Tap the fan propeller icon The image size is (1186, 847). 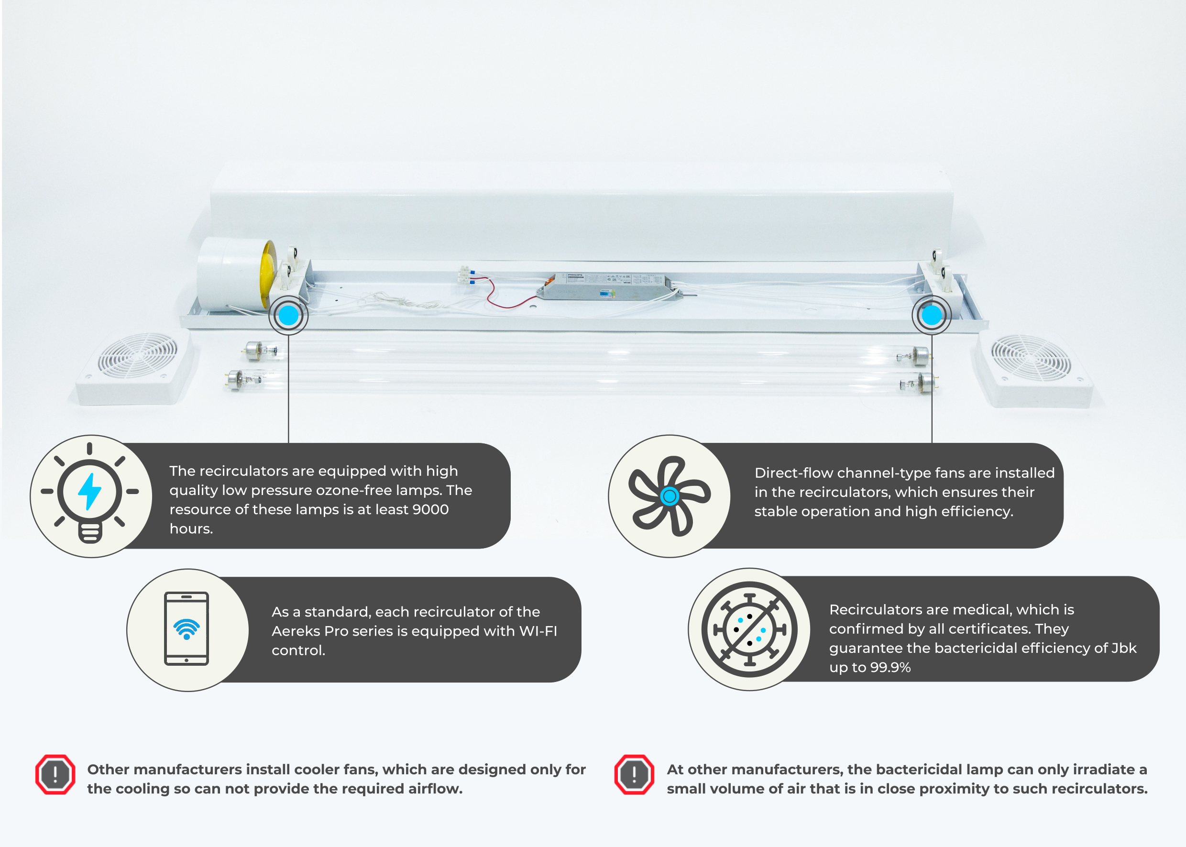click(x=669, y=496)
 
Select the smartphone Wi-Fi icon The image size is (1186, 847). click(x=186, y=628)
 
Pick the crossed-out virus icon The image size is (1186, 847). click(x=749, y=629)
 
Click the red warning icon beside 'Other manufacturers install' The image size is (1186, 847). click(x=55, y=774)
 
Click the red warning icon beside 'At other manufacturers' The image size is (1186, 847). click(x=634, y=774)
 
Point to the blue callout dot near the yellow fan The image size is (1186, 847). click(x=288, y=315)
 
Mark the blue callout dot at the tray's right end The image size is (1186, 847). click(x=932, y=315)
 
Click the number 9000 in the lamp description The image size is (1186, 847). click(x=430, y=509)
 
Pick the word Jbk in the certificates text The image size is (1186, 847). click(x=1124, y=649)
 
